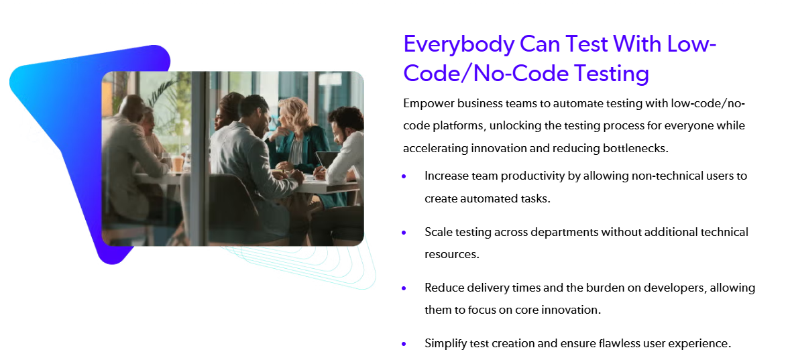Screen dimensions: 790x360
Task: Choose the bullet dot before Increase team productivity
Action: point(404,176)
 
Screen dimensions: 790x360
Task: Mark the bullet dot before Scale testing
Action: point(404,233)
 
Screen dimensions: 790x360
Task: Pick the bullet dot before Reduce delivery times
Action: point(404,288)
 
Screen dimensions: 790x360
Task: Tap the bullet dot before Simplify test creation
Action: point(404,344)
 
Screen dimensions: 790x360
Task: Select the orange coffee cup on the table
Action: point(177,163)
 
